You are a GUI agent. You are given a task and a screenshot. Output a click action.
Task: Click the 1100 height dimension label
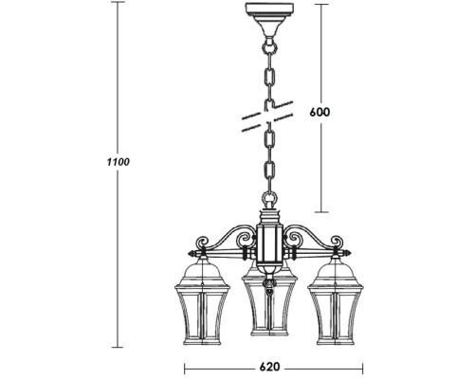[118, 162]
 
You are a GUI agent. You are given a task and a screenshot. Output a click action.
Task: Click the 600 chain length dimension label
[320, 111]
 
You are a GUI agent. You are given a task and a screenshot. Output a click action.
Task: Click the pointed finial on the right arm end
[348, 254]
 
